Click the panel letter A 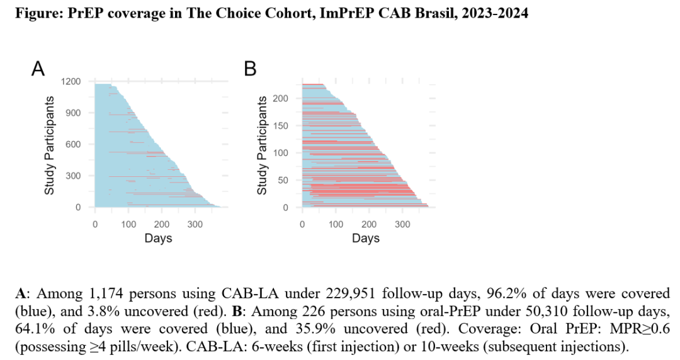point(38,69)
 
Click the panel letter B point(251,69)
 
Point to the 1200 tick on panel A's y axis point(72,81)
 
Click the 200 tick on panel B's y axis point(282,99)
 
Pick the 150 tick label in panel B point(282,126)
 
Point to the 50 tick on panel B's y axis point(285,180)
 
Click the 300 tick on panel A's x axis point(195,224)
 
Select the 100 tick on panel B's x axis point(336,224)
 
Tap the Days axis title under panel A point(158,239)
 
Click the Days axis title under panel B point(366,239)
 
